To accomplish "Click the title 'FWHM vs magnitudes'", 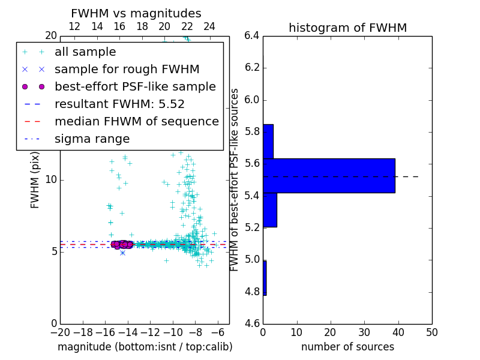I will point(136,13).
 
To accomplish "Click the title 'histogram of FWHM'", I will point(347,28).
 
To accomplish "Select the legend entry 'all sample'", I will point(85,52).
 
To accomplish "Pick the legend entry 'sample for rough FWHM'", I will point(127,69).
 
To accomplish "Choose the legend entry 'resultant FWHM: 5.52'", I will point(119,104).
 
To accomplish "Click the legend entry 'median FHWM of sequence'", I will point(136,121).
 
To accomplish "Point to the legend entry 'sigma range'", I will point(92,139).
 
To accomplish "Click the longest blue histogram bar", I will point(329,176).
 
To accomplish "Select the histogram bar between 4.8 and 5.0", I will point(265,278).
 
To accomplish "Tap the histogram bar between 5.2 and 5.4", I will point(270,210).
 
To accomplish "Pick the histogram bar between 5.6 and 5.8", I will point(268,142).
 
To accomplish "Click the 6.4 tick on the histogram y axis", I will point(252,35).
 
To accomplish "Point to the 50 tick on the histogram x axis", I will point(431,332).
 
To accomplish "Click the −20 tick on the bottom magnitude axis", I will point(60,332).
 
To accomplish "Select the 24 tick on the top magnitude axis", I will point(209,26).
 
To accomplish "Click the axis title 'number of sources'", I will point(347,347).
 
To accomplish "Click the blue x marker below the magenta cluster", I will point(122,253).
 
